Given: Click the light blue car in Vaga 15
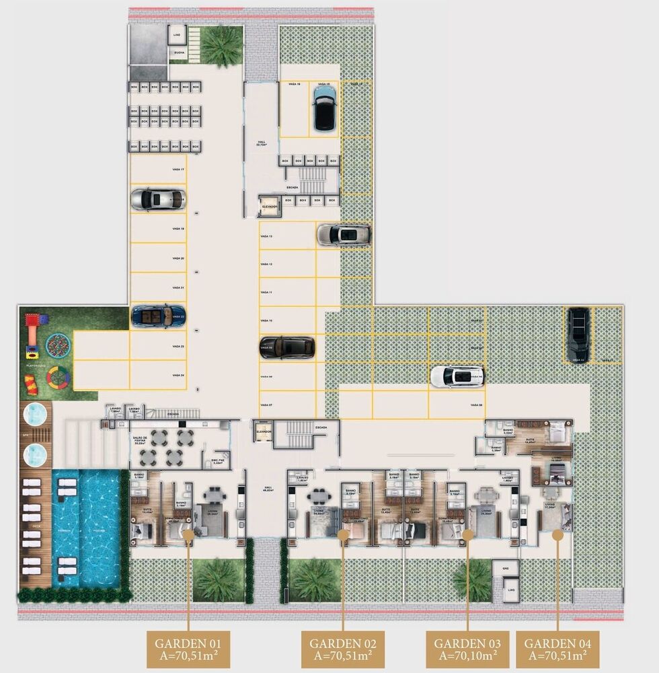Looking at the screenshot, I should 325,108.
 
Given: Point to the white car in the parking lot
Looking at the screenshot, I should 457,376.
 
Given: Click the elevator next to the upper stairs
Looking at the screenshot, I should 270,207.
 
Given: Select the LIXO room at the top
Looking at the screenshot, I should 177,34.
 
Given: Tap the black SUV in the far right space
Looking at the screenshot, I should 578,334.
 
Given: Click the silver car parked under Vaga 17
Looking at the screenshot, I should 157,199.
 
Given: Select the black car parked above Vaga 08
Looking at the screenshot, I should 287,347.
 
